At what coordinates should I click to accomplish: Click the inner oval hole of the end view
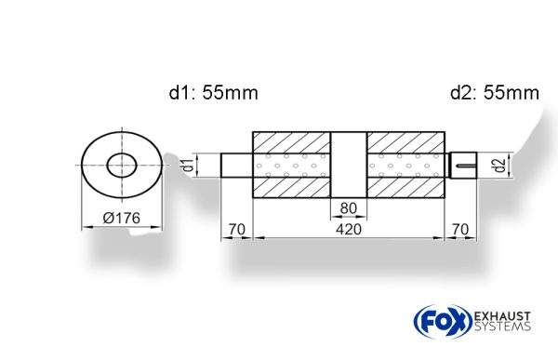(122, 166)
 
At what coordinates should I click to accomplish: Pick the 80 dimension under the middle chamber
(349, 207)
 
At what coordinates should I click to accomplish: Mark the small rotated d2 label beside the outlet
(499, 166)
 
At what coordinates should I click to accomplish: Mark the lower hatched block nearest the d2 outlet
(405, 188)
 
